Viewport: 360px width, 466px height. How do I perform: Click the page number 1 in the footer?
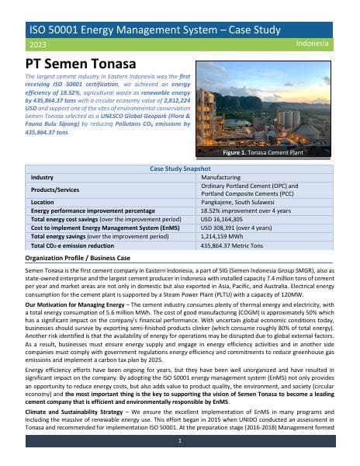coord(179,440)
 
